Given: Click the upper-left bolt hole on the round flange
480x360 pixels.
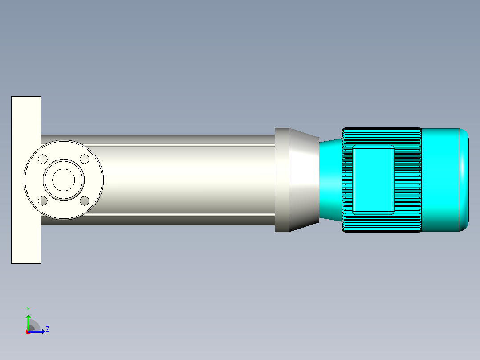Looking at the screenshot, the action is click(43, 160).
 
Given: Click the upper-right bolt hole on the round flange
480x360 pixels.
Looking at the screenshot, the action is click(85, 159).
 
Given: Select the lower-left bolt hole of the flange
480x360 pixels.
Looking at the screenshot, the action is click(43, 201).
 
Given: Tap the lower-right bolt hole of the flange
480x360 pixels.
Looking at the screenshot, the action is click(85, 201).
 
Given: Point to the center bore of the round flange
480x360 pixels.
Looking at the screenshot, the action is click(64, 180).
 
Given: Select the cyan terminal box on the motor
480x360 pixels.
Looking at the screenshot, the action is click(373, 180).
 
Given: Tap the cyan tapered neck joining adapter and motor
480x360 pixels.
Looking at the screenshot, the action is click(330, 180).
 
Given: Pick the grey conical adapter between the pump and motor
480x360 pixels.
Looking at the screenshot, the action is click(304, 180).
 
